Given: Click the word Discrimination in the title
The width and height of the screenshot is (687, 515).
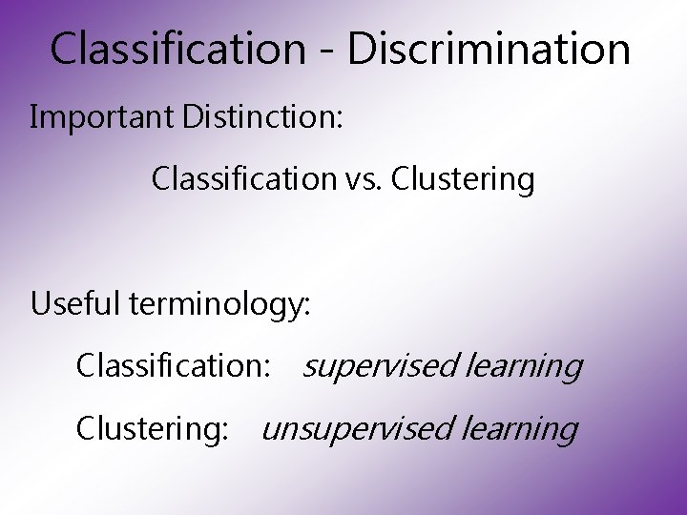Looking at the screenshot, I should [489, 49].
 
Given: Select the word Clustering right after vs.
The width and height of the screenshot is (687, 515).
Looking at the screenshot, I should [463, 179].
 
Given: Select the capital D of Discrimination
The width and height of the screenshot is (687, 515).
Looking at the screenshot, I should [362, 49].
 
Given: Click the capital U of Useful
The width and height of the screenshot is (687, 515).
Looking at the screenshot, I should [40, 304].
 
